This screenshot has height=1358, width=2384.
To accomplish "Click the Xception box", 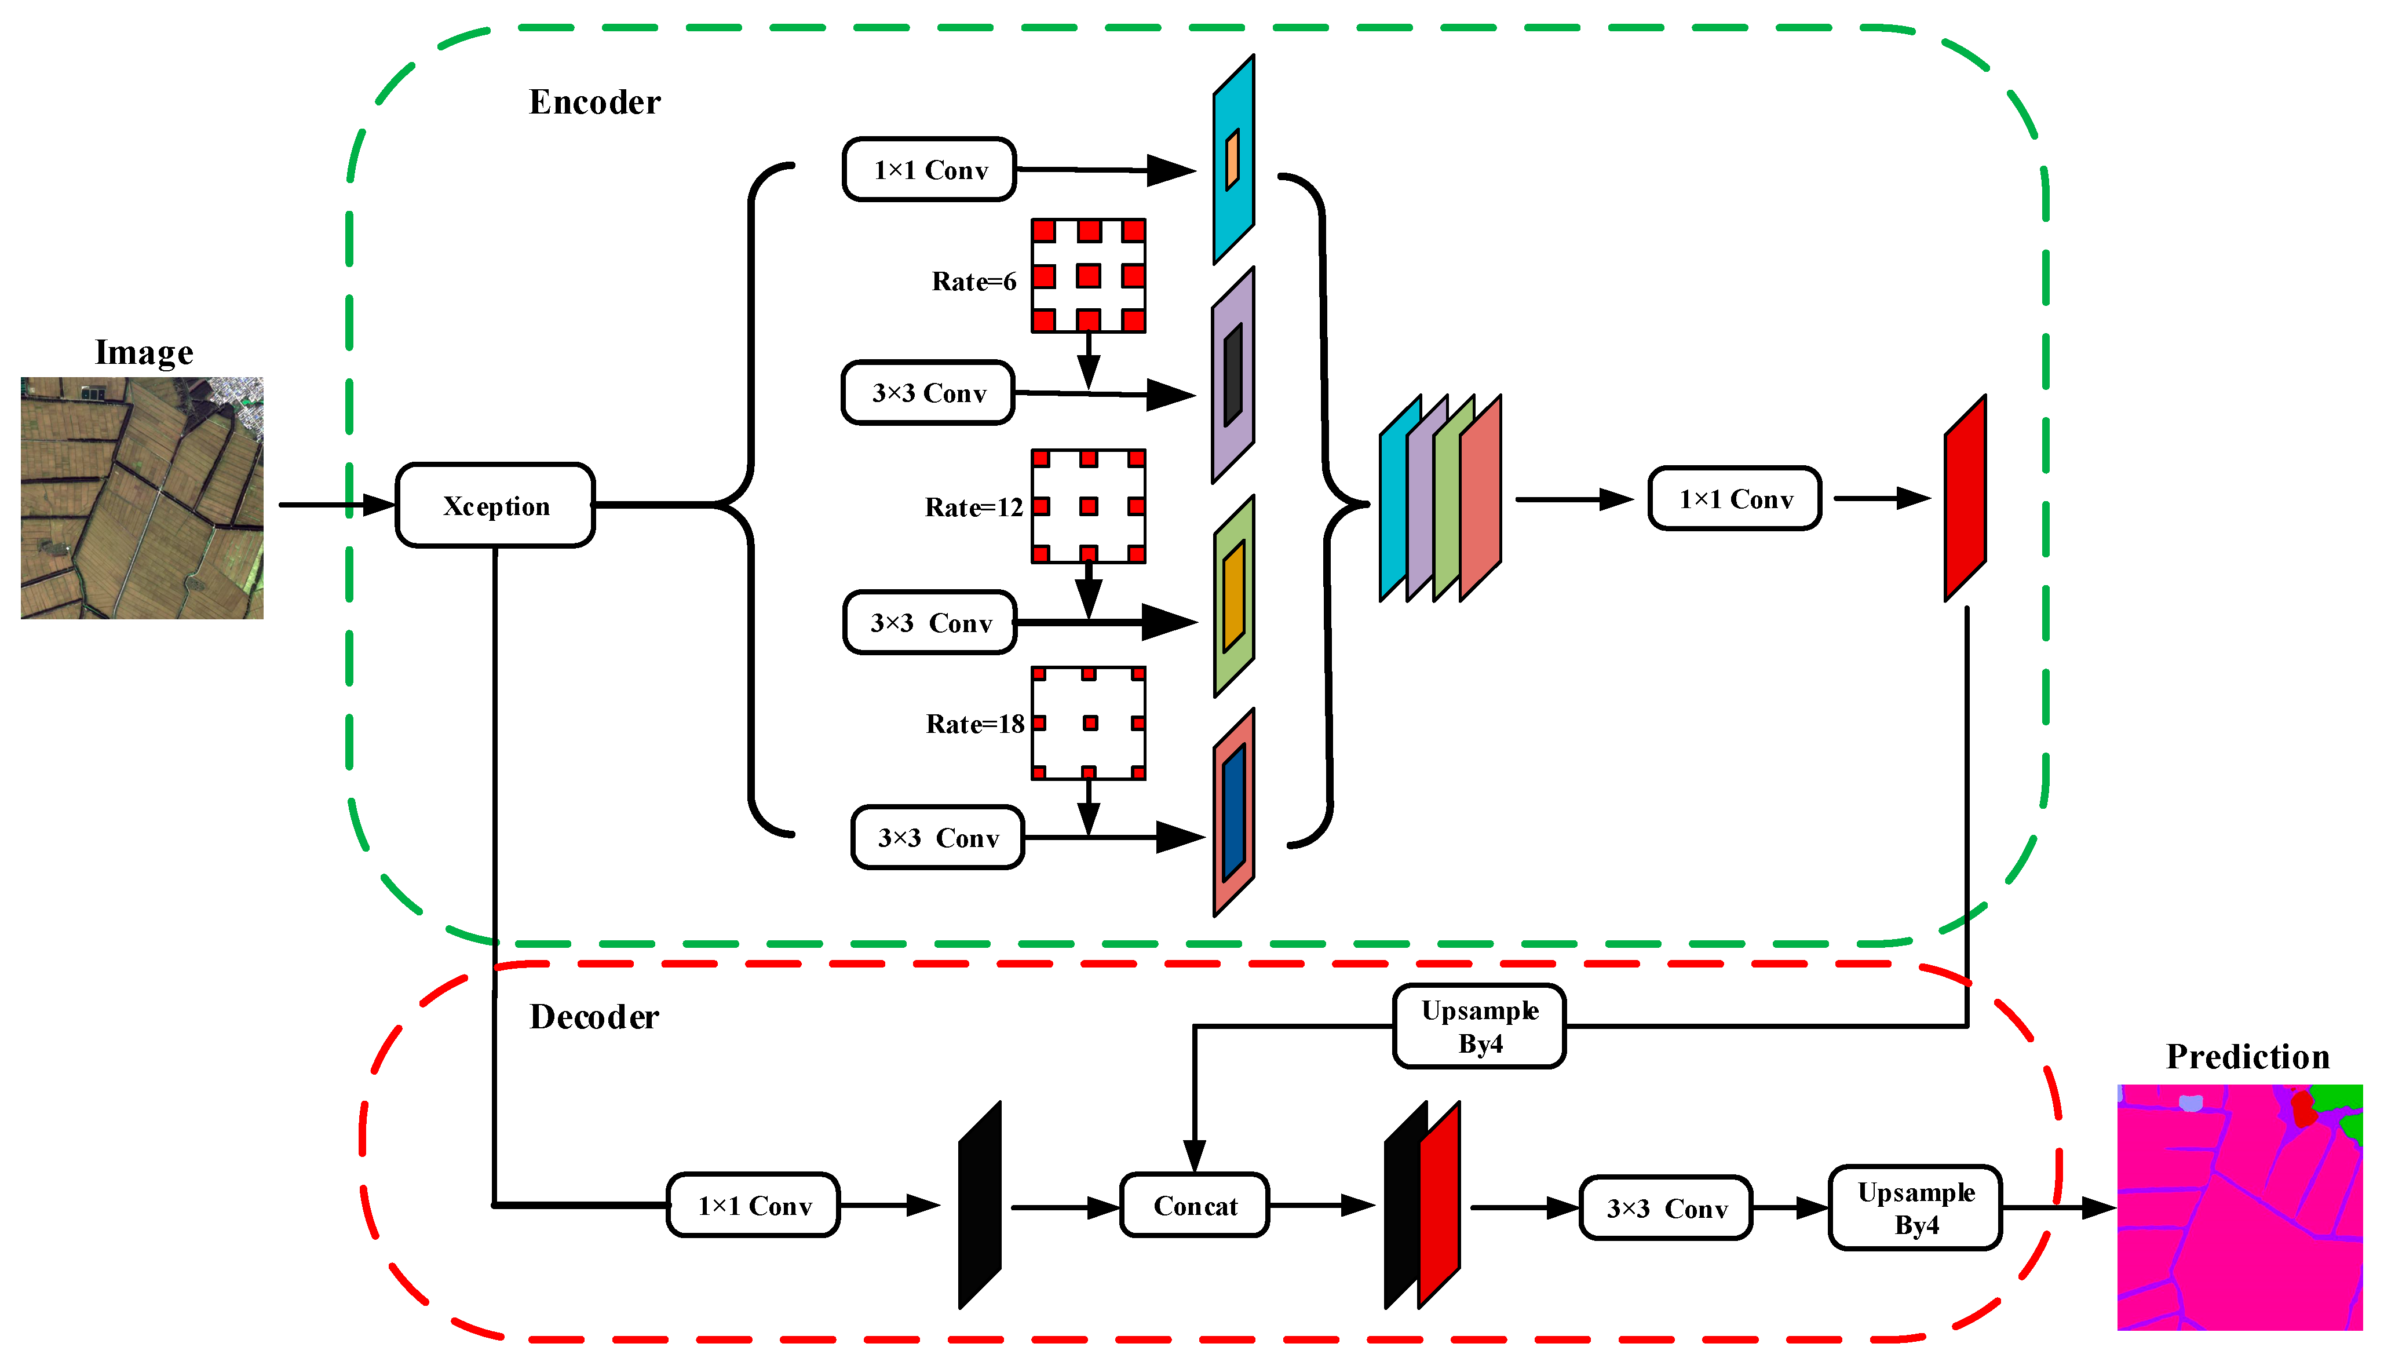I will coord(495,506).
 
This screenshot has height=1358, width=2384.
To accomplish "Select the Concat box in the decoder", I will coord(1194,1206).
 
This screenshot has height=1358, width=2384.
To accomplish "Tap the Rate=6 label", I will coord(973,282).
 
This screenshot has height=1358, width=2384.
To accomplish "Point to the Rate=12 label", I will coord(973,508).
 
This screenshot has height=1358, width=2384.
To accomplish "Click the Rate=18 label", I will coord(974,724).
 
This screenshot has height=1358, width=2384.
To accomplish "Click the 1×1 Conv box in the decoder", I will coord(754,1206).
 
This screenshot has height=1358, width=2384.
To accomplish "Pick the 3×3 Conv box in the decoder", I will coord(1666,1209).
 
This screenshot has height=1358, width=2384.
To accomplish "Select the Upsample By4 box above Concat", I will coord(1479,1026).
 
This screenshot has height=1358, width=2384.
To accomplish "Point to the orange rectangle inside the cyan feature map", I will coord(1232,159).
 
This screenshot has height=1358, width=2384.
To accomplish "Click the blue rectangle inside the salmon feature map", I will coord(1233,812).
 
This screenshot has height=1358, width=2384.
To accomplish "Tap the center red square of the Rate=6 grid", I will coord(1089,276).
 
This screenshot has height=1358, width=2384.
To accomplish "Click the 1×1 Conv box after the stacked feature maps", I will coord(1735,499).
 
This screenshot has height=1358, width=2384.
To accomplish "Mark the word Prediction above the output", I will coord(2247,1057).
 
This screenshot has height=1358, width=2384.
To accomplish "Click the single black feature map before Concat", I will coord(979,1205).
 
